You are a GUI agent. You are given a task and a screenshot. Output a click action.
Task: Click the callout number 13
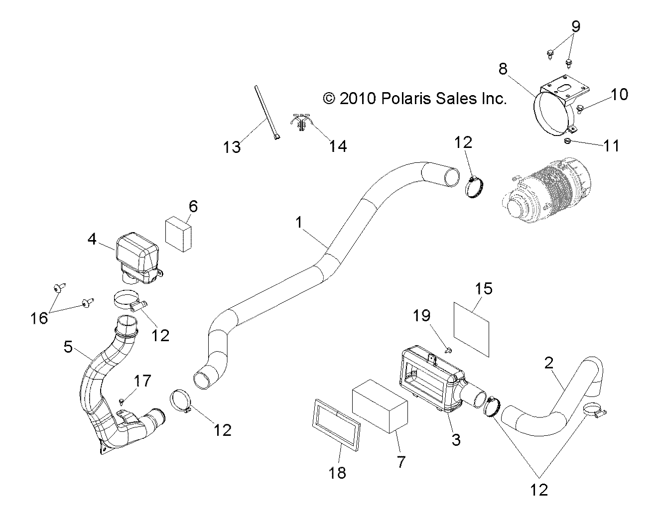point(233,147)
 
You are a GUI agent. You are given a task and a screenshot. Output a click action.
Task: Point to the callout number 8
point(503,69)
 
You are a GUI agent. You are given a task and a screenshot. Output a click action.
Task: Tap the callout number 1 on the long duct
point(298,223)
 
